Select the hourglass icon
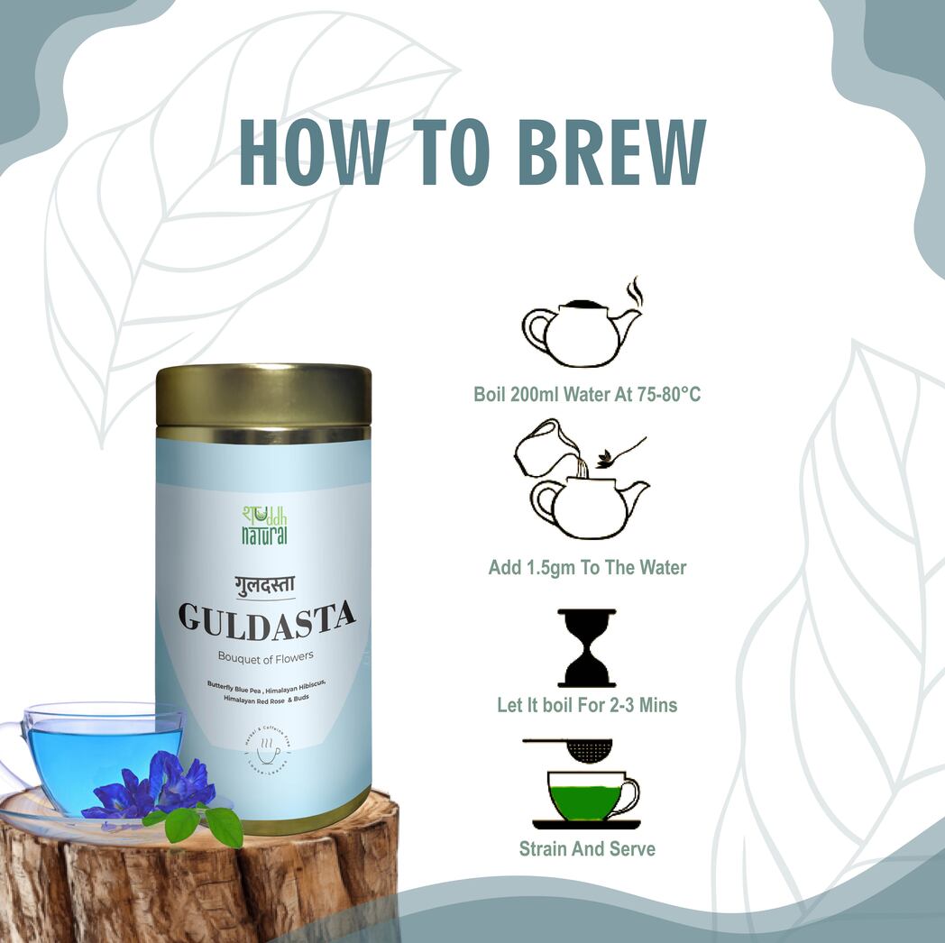[x=587, y=648]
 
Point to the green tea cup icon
[x=587, y=796]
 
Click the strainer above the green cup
[x=577, y=747]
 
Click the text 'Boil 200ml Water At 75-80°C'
[x=587, y=394]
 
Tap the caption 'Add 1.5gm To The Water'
[x=587, y=568]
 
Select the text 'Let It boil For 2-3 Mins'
[x=587, y=705]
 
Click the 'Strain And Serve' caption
[x=587, y=848]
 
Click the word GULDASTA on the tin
[x=266, y=618]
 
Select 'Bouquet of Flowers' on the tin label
[x=265, y=655]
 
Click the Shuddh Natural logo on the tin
[x=264, y=524]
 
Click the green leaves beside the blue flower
[x=203, y=821]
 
